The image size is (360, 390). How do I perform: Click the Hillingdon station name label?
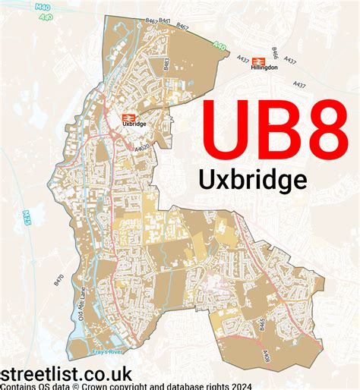click(x=264, y=67)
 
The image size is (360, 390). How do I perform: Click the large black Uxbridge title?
click(x=252, y=179)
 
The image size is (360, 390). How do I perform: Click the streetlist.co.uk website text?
click(x=67, y=374)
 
